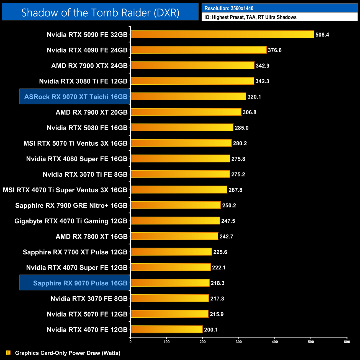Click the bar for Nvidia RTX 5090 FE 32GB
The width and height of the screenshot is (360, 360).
point(222,34)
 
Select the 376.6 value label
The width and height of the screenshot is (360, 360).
point(274,50)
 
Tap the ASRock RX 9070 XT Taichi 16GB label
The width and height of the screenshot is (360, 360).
point(76,97)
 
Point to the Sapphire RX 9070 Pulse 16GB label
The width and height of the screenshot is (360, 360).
point(80,283)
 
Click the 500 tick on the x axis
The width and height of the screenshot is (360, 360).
point(311,342)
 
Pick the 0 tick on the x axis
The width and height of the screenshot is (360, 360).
point(130,342)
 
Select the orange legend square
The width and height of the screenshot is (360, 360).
point(8,353)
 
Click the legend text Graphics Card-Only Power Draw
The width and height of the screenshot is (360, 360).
point(68,353)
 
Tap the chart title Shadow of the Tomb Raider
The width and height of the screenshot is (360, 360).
point(100,12)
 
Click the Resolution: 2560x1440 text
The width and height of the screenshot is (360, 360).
point(229,8)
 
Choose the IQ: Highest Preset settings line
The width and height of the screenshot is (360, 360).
point(250,17)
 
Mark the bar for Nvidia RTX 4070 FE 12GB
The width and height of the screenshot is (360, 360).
point(167,330)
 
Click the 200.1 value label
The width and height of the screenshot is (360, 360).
point(211,330)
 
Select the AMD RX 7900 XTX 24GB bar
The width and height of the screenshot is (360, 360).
point(192,66)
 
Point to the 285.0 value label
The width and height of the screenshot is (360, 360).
point(241,128)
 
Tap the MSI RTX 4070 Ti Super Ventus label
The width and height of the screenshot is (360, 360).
point(65,190)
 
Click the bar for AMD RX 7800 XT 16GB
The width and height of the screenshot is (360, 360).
point(174,236)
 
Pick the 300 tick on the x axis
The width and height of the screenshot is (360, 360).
point(239,342)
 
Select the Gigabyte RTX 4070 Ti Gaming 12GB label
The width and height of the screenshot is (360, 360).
point(71,221)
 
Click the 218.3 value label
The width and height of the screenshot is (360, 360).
point(217,283)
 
